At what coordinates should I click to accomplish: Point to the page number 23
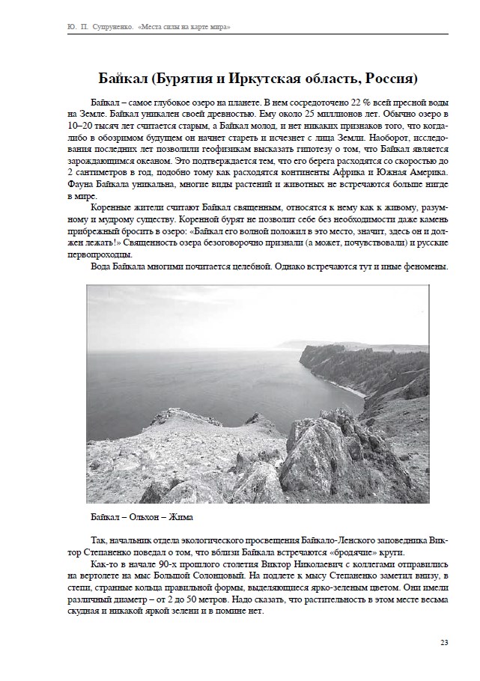(x=444, y=642)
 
